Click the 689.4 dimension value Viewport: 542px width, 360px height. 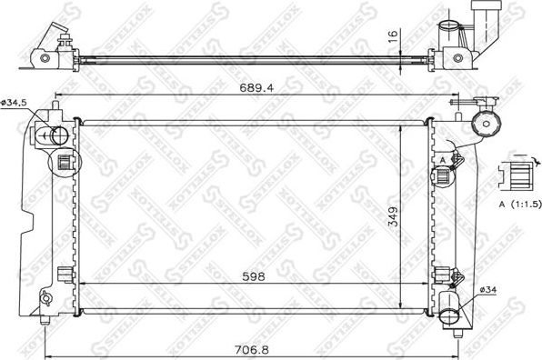click(x=257, y=89)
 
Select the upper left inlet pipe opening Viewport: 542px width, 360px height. click(x=56, y=136)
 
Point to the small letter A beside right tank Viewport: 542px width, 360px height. click(x=442, y=160)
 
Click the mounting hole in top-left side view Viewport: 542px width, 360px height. click(x=44, y=60)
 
